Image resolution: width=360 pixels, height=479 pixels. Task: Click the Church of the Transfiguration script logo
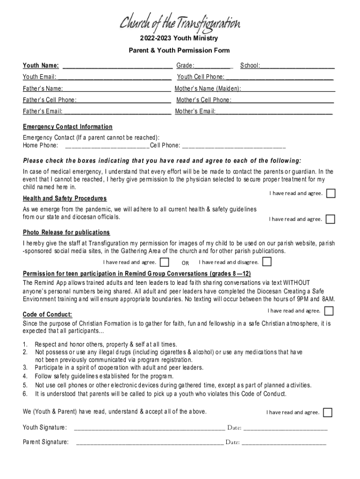point(180,22)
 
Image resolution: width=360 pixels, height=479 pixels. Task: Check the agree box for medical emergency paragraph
point(331,194)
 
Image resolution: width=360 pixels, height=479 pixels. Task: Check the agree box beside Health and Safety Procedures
point(331,219)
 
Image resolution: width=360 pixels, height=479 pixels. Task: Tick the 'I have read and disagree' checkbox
point(267,262)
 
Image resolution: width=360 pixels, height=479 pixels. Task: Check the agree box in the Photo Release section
point(165,262)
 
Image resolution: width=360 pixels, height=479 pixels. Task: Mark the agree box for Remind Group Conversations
point(329,311)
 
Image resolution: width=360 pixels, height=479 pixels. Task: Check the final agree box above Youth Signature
point(328,412)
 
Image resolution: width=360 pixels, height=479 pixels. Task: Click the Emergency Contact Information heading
point(68,127)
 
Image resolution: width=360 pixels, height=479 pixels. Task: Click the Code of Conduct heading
point(48,314)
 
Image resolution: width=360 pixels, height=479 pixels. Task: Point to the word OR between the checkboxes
point(185,262)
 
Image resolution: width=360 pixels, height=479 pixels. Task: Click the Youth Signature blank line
point(150,428)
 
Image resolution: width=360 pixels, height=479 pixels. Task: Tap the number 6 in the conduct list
point(25,394)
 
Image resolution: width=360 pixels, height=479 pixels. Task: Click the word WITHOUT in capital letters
point(296,283)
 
